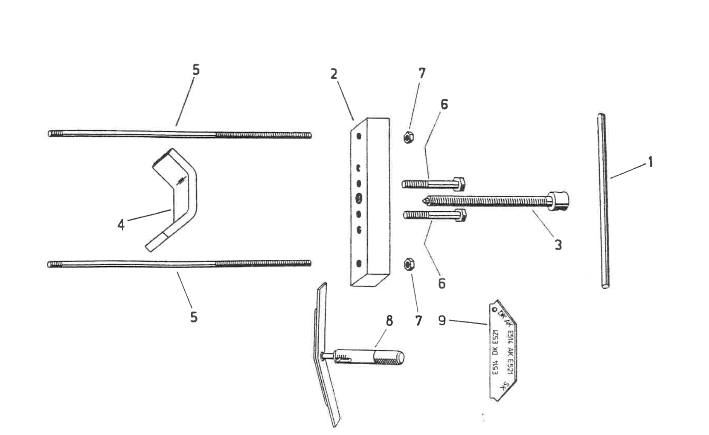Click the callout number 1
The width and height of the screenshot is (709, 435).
[x=650, y=162]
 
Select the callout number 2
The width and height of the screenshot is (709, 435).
[x=334, y=74]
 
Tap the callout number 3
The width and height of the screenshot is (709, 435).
[x=558, y=245]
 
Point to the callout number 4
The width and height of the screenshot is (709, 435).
[x=121, y=224]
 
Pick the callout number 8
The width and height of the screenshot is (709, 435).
[x=389, y=321]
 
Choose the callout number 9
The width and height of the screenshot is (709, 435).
[x=442, y=320]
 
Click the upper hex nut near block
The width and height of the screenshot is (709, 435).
[x=408, y=137]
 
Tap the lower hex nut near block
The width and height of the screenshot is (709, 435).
[x=408, y=264]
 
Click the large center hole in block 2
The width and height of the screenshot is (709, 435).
[x=359, y=198]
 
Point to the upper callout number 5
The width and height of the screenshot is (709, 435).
[x=196, y=70]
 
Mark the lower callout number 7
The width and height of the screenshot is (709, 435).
[x=418, y=321]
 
